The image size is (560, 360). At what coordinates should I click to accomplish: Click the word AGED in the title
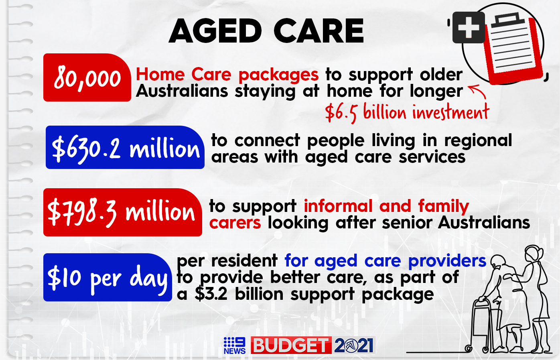tap(215, 31)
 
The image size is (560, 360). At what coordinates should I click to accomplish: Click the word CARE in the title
tap(319, 31)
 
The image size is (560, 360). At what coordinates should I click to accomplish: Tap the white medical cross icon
tap(469, 27)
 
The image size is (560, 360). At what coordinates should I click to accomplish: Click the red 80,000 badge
tap(87, 77)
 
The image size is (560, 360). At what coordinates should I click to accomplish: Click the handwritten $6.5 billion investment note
tap(407, 112)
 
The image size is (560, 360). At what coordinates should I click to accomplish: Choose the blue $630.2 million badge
tap(125, 147)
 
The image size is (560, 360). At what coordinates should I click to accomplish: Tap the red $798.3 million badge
tap(122, 212)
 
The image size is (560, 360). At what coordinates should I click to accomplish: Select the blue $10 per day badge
tap(108, 277)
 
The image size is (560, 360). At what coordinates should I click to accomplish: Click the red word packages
tap(278, 75)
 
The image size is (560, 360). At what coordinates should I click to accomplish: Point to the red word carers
tap(235, 223)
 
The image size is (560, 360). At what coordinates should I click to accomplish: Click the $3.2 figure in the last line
tap(211, 294)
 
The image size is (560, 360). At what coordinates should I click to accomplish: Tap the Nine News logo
tap(235, 345)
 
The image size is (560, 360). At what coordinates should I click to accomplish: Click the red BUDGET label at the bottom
tap(291, 345)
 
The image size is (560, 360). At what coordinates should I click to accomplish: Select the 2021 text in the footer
tap(353, 346)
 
